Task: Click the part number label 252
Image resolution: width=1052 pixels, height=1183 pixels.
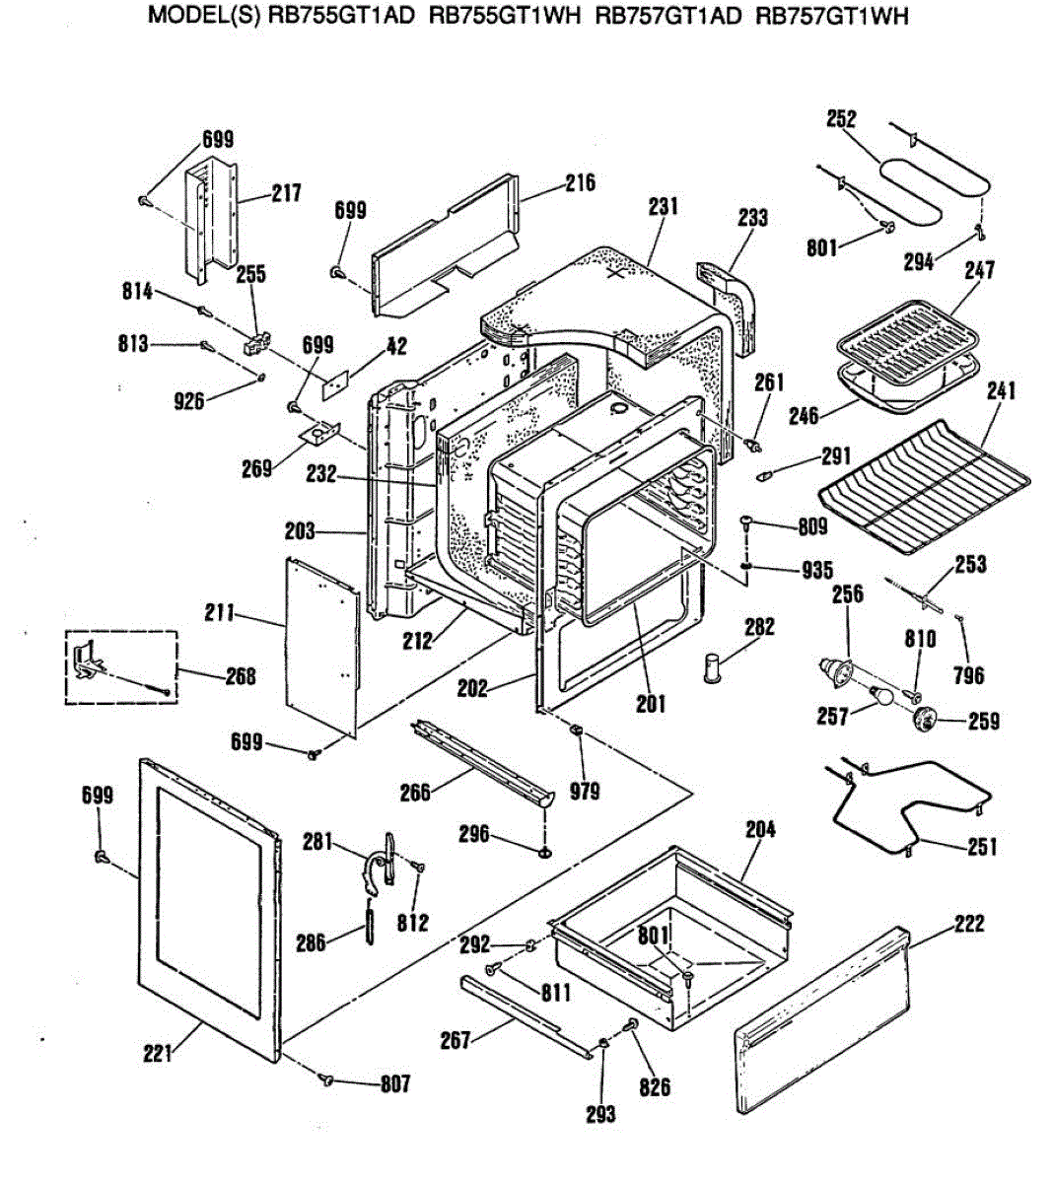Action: [841, 119]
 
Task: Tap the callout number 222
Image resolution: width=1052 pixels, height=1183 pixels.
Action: [969, 924]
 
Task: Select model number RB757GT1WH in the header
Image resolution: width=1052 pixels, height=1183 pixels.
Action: [831, 17]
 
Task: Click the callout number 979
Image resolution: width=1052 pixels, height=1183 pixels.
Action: [584, 791]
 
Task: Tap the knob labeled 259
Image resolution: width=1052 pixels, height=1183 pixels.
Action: [925, 720]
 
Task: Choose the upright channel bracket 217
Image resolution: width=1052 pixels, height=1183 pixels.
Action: [212, 212]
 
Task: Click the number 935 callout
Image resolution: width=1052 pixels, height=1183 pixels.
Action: [816, 570]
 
